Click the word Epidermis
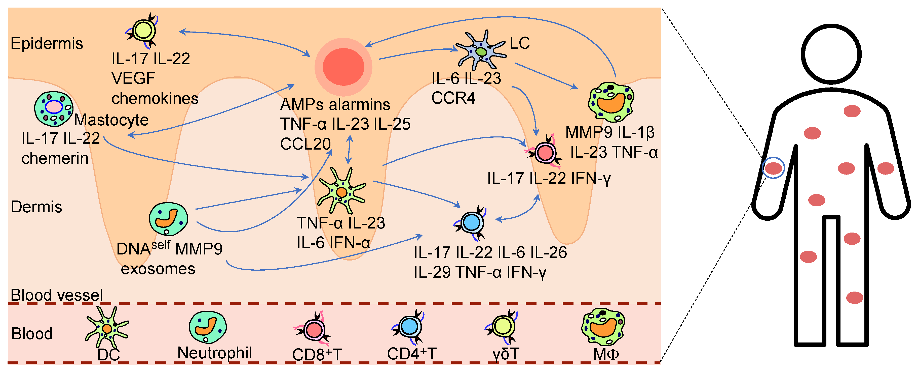47,44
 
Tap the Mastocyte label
111,120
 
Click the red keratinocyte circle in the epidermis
343,67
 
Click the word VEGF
133,78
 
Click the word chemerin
55,158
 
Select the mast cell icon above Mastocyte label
53,108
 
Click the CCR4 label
453,98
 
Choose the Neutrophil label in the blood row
215,353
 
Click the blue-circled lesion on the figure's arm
773,168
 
